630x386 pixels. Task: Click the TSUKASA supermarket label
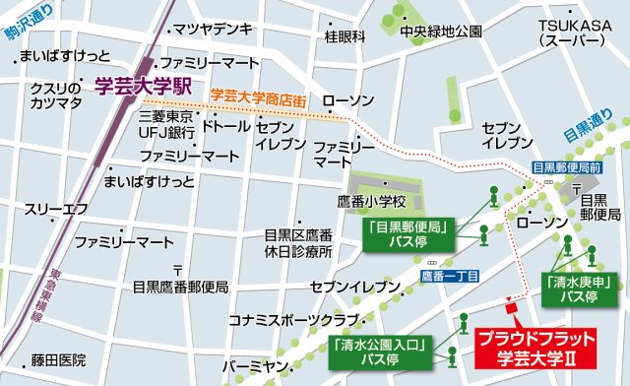click(570, 33)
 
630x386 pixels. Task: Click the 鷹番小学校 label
click(379, 202)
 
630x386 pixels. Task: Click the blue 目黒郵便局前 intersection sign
click(565, 167)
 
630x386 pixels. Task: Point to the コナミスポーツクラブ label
click(292, 320)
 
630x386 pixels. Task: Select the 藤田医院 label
click(58, 359)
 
